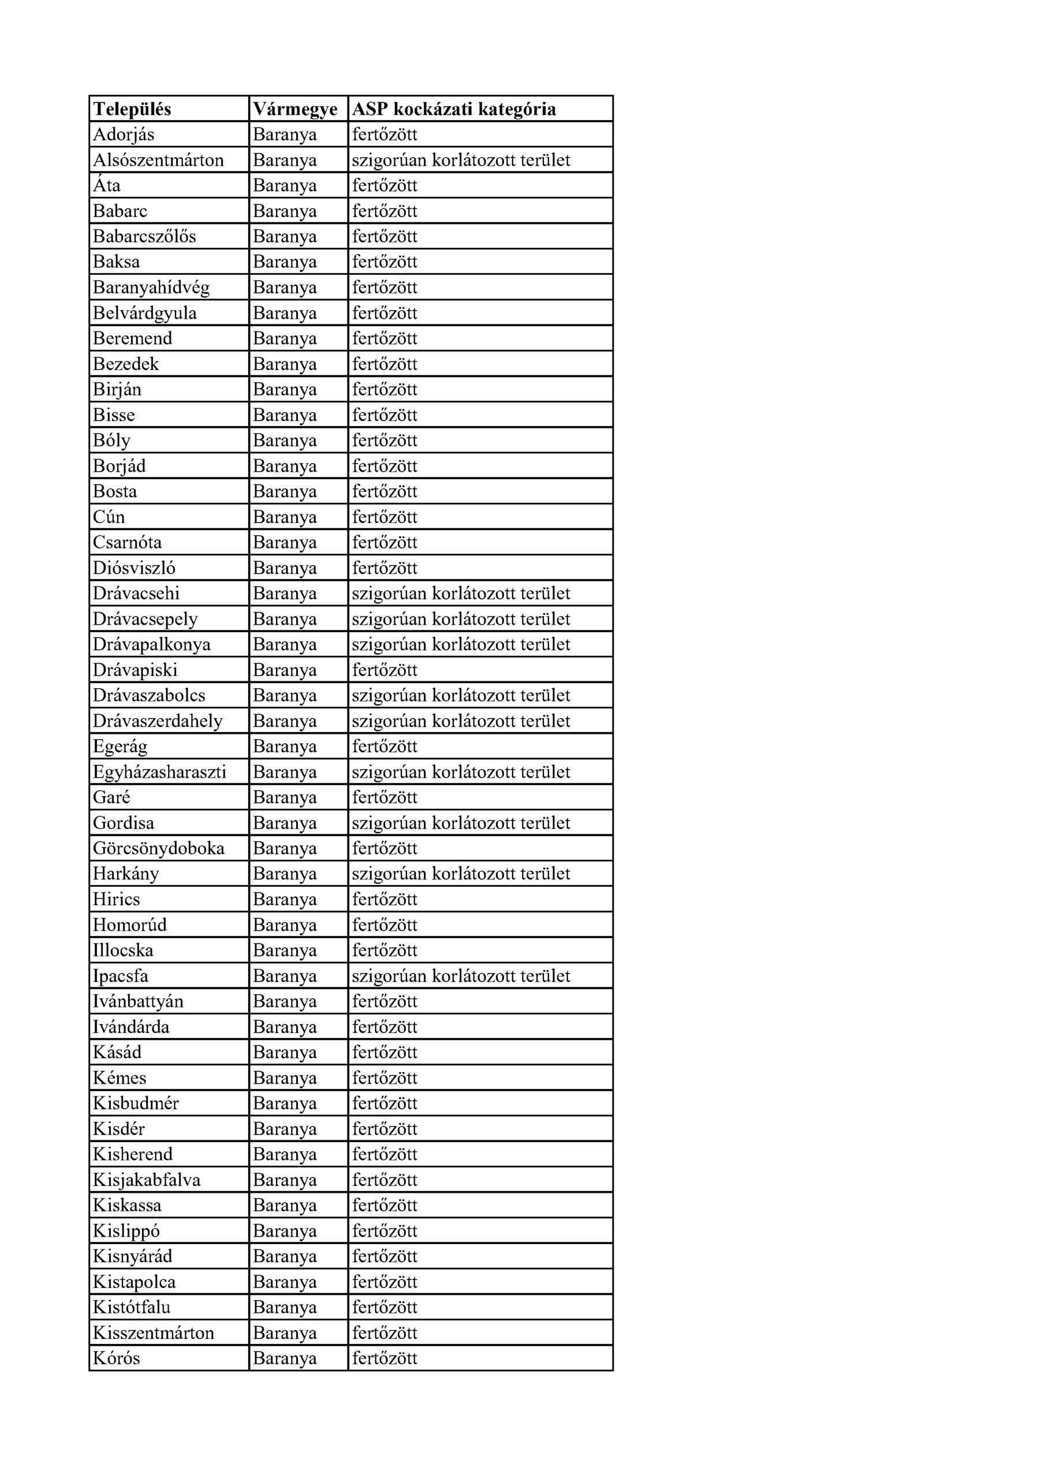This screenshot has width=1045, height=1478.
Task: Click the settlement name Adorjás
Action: pyautogui.click(x=124, y=135)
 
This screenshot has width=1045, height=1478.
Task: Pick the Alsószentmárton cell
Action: pyautogui.click(x=158, y=161)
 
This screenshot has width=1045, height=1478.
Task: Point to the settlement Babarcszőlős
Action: pyautogui.click(x=144, y=237)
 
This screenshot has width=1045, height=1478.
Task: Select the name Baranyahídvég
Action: pyautogui.click(x=151, y=288)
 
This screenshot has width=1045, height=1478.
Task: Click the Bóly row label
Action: pyautogui.click(x=111, y=441)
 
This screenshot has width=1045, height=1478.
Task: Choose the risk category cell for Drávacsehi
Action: pyautogui.click(x=461, y=594)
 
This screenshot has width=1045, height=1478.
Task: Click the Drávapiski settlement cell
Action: pyautogui.click(x=135, y=670)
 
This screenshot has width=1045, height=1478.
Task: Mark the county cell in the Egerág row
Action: pyautogui.click(x=285, y=747)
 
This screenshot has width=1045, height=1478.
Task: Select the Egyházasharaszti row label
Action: pyautogui.click(x=160, y=772)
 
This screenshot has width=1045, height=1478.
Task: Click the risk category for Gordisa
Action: pyautogui.click(x=461, y=823)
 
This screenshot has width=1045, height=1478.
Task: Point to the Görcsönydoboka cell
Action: pyautogui.click(x=158, y=849)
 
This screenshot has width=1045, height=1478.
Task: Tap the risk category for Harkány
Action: pyautogui.click(x=461, y=874)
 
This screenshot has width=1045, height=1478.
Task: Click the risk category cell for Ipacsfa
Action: pyautogui.click(x=461, y=976)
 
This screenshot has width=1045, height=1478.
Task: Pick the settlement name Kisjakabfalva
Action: pyautogui.click(x=147, y=1180)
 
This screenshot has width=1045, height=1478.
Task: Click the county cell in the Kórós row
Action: pyautogui.click(x=285, y=1358)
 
